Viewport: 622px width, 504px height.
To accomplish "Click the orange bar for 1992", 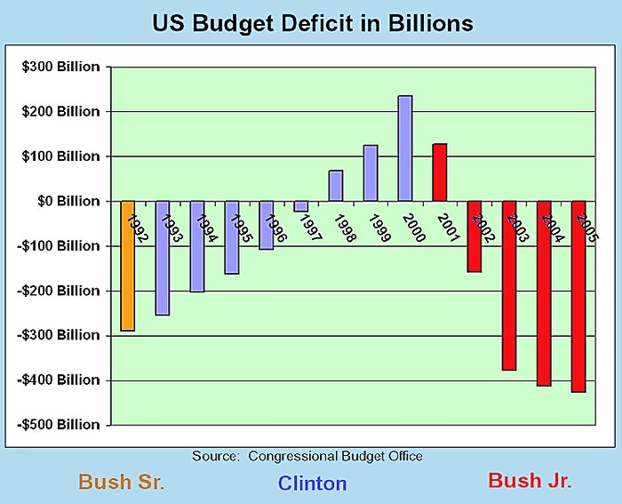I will click(128, 266).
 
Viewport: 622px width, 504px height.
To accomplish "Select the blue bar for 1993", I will click(163, 258).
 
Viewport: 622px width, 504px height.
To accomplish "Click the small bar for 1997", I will click(301, 206).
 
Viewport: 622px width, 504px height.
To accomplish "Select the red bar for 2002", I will click(474, 236).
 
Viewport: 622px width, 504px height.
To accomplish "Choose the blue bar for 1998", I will click(336, 186).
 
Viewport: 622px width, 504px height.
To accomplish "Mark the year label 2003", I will click(513, 228).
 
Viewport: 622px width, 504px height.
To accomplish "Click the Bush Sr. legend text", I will click(122, 483).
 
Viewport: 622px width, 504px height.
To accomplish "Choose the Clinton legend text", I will click(312, 484).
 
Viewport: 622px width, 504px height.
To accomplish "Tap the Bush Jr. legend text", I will click(530, 481).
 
